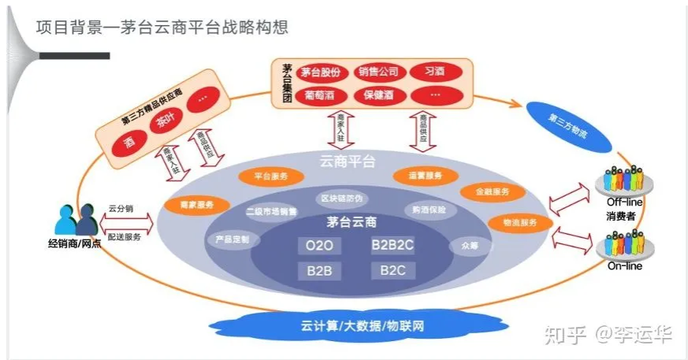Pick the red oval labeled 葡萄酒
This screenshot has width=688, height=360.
(x=321, y=95)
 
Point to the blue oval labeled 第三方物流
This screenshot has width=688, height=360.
(x=569, y=122)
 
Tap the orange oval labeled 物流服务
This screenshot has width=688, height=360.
(x=519, y=223)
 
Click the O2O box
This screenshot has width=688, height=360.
(x=319, y=246)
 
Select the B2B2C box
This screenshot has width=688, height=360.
(x=392, y=246)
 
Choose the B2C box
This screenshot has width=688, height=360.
(x=392, y=270)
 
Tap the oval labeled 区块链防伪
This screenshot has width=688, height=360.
(x=340, y=198)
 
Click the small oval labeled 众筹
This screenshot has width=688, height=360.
(x=463, y=245)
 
